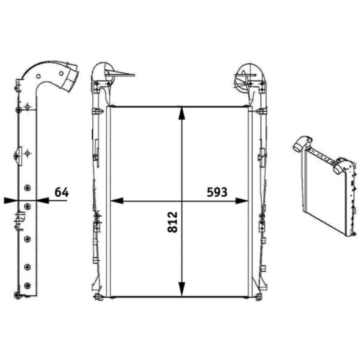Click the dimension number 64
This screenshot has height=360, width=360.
pos(62,192)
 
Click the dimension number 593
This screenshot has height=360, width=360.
pos(217,192)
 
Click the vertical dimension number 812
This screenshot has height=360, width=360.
pos(173,222)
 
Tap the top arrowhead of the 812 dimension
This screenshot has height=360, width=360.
pos(182,113)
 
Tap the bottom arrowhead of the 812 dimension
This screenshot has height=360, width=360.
pos(182,289)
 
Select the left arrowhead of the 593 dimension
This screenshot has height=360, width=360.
pos(117,201)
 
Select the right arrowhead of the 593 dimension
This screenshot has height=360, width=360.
pos(242,201)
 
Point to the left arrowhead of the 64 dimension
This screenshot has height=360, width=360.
pos(11,200)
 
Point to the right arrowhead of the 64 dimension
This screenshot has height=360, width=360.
pos(43,200)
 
